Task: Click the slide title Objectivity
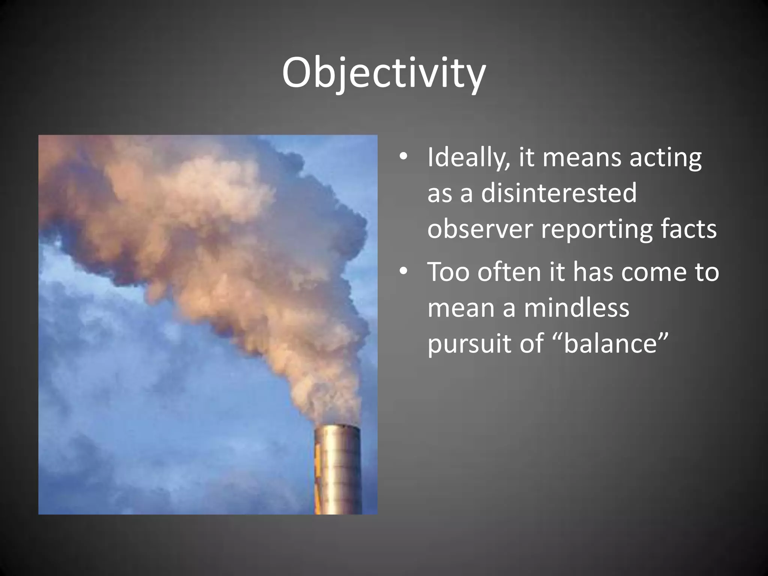[x=384, y=73]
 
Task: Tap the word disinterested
[x=559, y=193]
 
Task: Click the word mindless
[x=576, y=308]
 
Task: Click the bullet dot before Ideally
[x=403, y=157]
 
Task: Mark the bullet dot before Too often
[x=403, y=271]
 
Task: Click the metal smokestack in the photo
[x=338, y=472]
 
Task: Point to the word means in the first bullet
[x=582, y=158]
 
